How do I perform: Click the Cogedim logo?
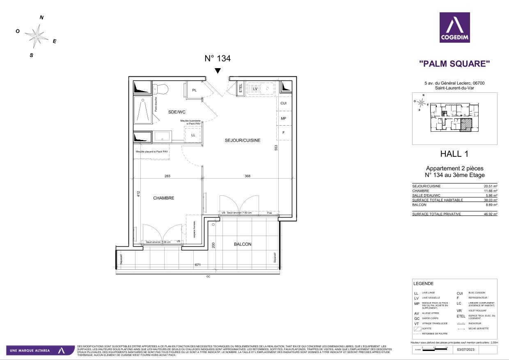[x=455, y=28]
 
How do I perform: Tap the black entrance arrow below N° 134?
[x=218, y=71]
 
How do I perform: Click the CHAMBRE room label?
[x=164, y=198]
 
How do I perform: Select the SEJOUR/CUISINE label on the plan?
[x=243, y=140]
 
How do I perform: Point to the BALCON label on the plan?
[x=242, y=244]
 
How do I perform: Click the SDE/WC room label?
[x=178, y=112]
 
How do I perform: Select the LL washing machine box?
[x=193, y=135]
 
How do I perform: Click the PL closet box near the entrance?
[x=194, y=90]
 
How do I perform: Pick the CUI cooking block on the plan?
[x=283, y=103]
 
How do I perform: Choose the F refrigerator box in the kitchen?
[x=283, y=133]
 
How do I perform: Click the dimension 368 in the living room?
[x=247, y=176]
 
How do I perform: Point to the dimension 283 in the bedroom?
[x=167, y=176]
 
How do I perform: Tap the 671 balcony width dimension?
[x=198, y=265]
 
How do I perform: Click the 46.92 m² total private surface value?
[x=490, y=214]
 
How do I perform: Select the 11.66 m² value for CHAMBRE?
[x=490, y=191]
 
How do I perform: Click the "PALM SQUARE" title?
[x=454, y=64]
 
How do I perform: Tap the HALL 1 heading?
[x=454, y=154]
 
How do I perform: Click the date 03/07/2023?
[x=465, y=349]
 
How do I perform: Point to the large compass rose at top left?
[x=37, y=36]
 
